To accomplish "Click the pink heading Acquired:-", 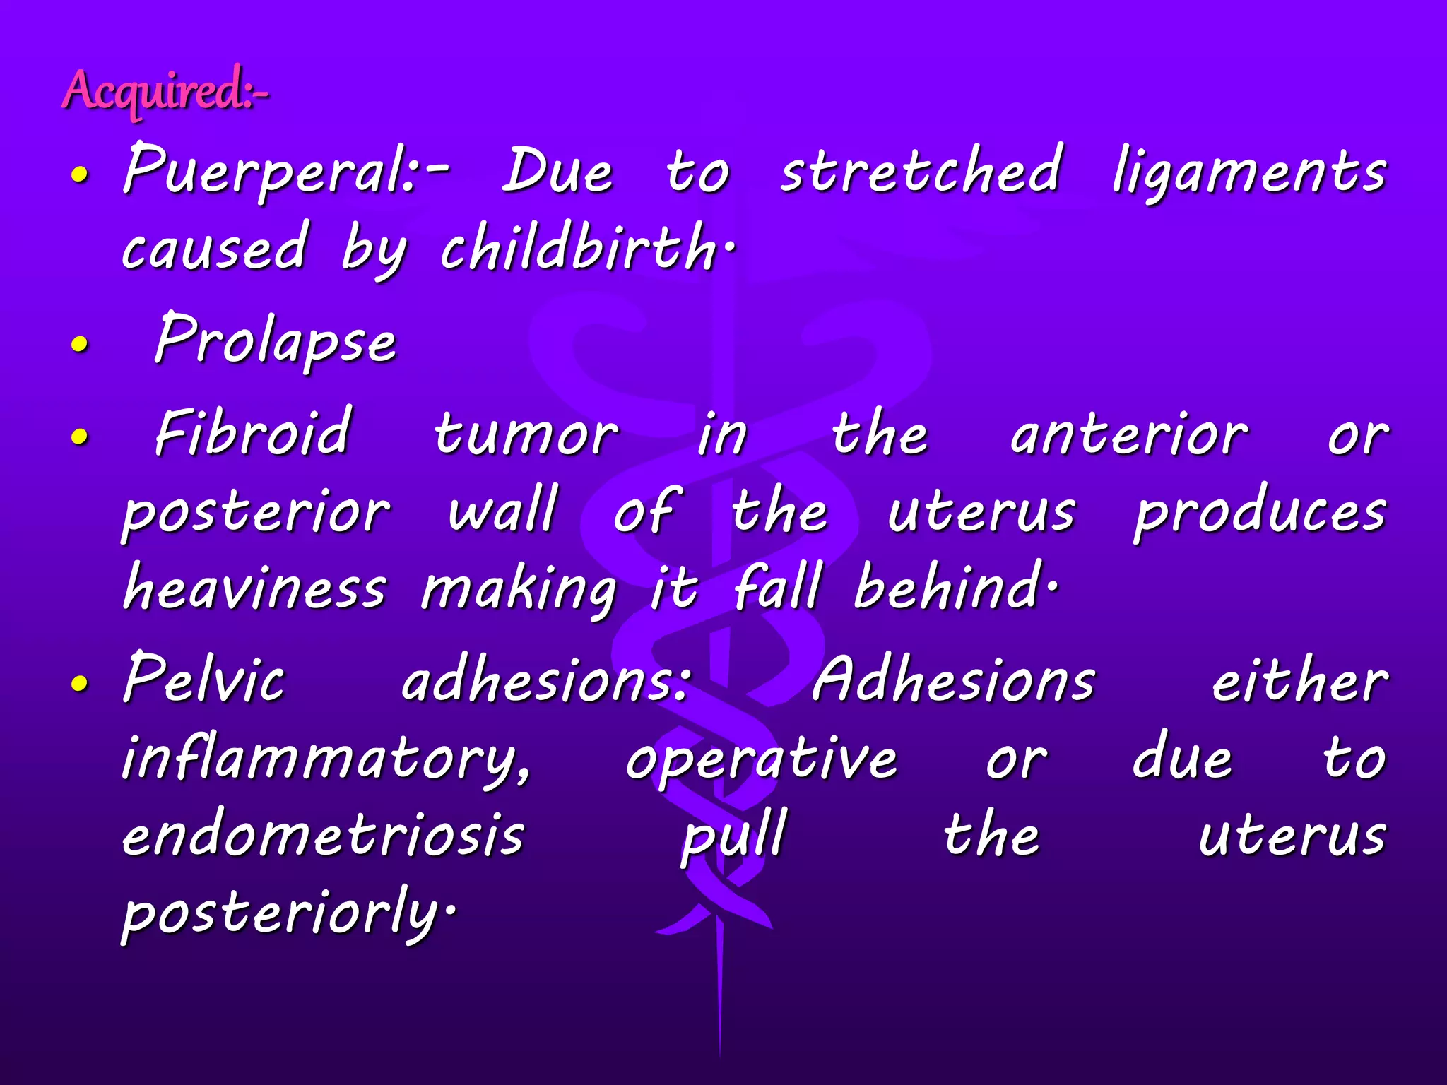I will (165, 92).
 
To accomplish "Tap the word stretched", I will (920, 172).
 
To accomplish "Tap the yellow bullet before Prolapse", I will (81, 344).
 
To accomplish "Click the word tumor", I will (526, 435).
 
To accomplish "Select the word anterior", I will (1128, 435).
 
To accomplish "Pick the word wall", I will (503, 510).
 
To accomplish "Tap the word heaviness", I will (254, 588).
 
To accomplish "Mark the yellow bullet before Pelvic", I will (81, 683).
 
